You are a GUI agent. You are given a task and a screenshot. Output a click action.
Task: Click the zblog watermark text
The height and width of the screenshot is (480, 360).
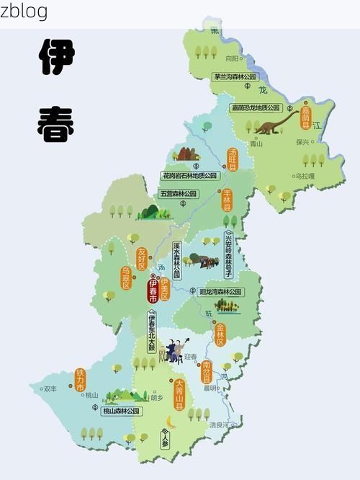[x=24, y=11]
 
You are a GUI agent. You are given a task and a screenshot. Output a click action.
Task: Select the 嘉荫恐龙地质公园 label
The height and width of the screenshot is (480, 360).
[x=255, y=107]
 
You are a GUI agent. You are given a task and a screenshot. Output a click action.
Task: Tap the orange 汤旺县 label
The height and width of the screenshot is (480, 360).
[x=233, y=159]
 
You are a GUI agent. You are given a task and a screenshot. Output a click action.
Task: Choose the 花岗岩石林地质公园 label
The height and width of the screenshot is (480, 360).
[x=190, y=175]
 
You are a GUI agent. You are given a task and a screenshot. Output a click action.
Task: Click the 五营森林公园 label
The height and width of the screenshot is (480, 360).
[x=179, y=194]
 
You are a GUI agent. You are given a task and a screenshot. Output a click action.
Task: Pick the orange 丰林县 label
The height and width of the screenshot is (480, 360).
[x=227, y=200]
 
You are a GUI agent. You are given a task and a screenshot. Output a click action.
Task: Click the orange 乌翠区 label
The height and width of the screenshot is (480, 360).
[x=126, y=277]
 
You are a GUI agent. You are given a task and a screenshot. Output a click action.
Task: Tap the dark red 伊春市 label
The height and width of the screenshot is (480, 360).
[x=153, y=291]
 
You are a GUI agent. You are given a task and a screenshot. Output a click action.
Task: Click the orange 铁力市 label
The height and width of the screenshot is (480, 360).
[x=80, y=381]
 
